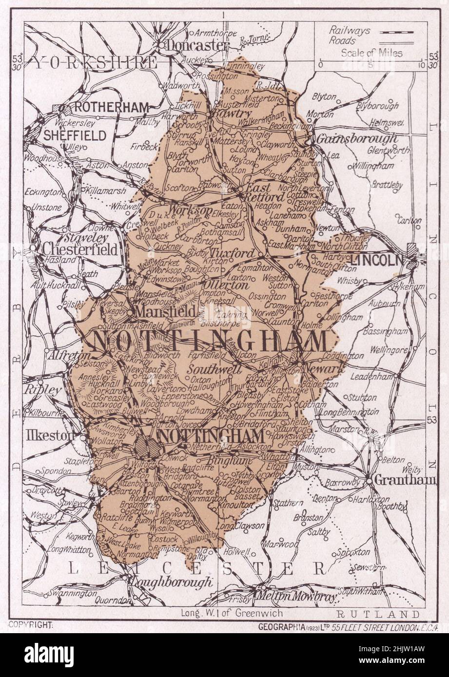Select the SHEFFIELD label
(75, 135)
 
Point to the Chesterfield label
(80, 250)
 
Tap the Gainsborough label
(357, 139)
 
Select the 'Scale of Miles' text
(372, 53)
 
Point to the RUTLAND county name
(377, 613)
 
